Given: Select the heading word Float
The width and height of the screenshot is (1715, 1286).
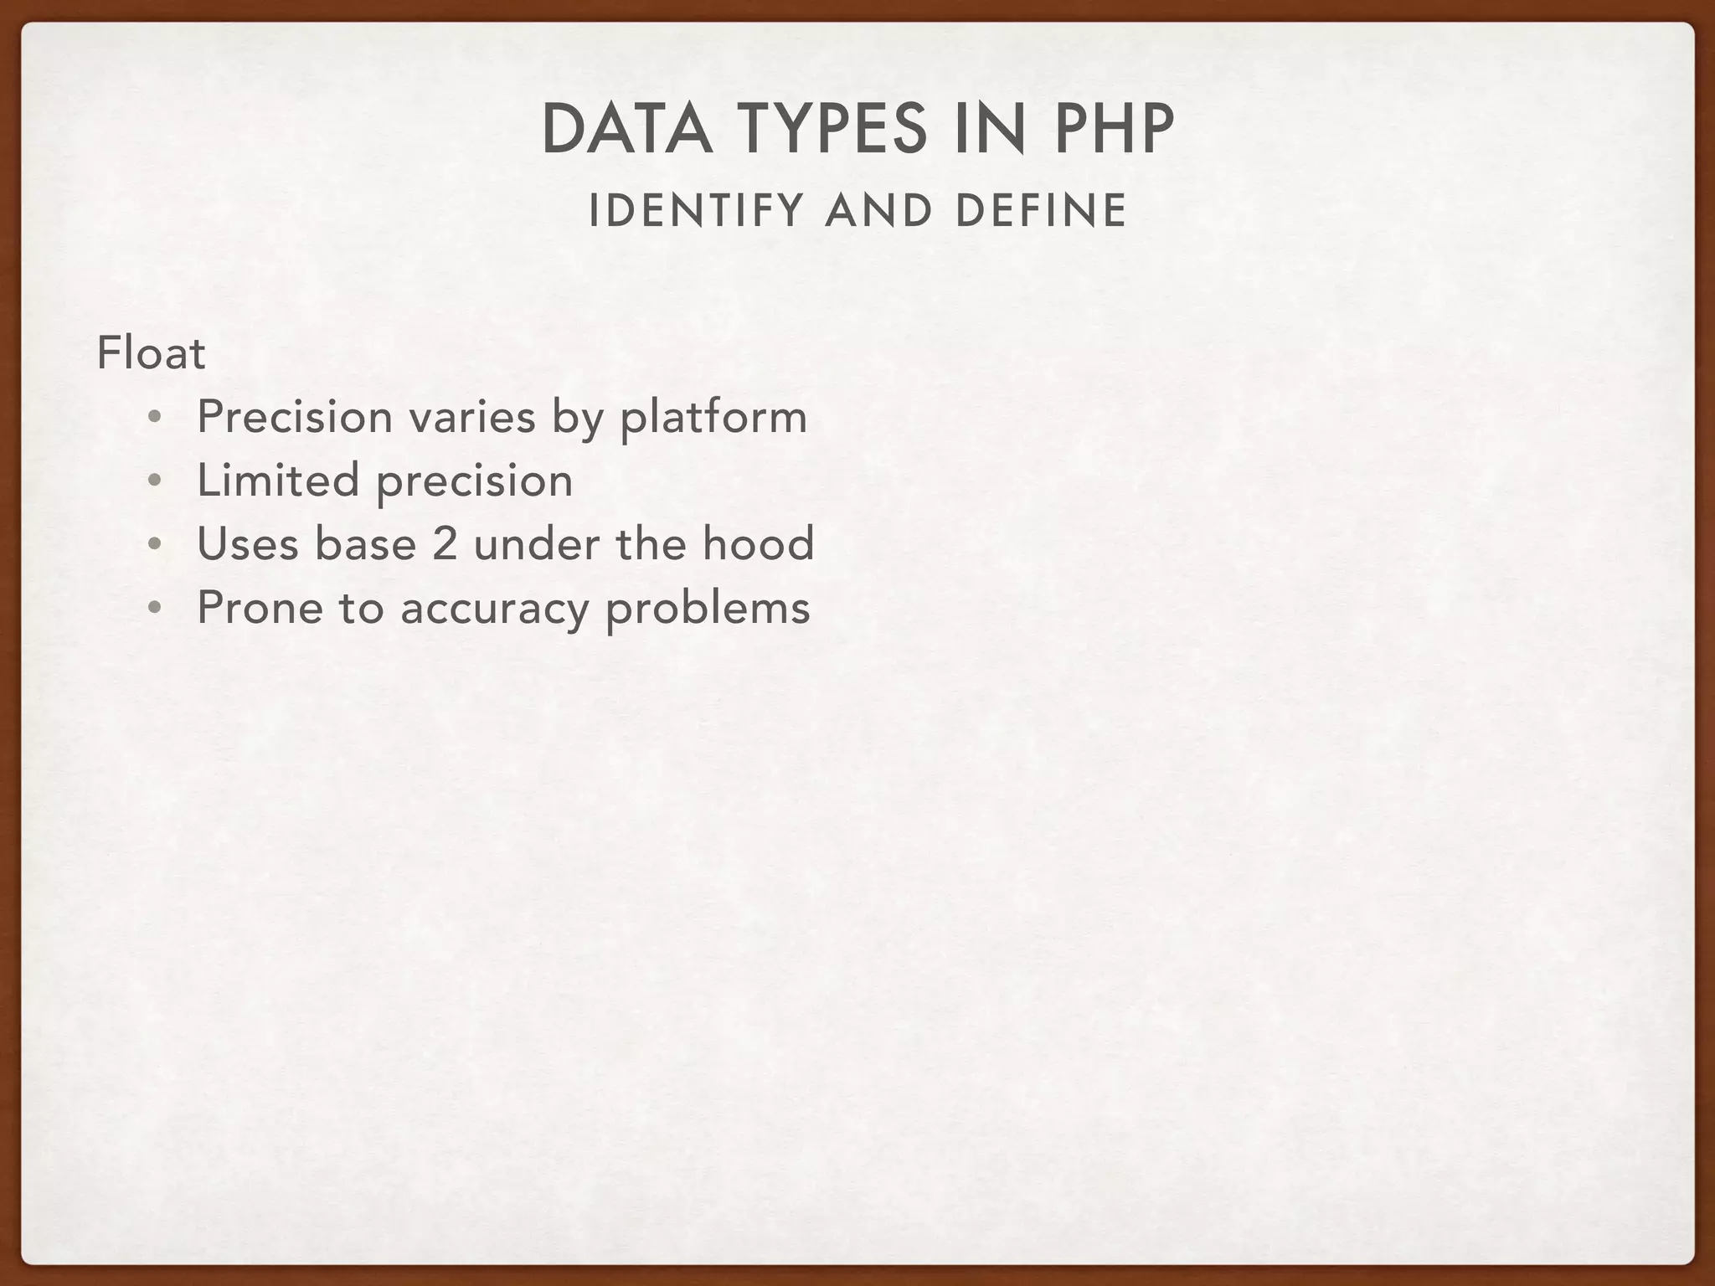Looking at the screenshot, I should (x=151, y=353).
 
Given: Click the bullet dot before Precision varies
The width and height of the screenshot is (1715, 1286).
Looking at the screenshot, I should (x=153, y=418).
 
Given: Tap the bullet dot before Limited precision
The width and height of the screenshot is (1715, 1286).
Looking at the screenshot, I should (x=153, y=481).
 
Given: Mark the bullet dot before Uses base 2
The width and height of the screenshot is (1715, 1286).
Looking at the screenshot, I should (x=153, y=545).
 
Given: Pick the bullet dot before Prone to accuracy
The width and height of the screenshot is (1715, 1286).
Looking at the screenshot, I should (x=153, y=609).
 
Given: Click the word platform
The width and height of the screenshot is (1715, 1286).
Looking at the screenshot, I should (x=713, y=418).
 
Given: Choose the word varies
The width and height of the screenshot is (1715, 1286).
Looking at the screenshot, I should (x=472, y=418).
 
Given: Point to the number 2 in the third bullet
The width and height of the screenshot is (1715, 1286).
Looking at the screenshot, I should (x=445, y=544).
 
